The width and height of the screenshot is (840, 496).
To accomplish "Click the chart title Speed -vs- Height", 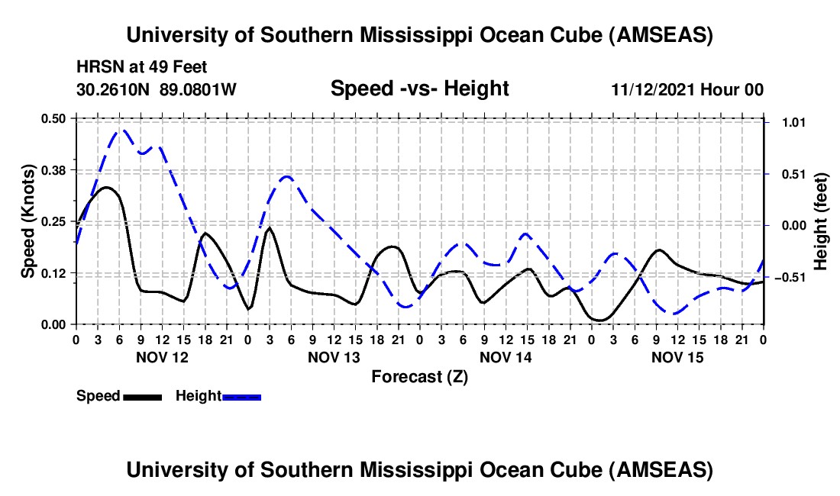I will (419, 89).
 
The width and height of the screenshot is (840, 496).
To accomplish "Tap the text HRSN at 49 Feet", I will (141, 67).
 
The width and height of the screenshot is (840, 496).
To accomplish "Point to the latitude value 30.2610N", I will (115, 89).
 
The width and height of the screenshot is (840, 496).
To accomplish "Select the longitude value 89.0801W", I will (198, 89).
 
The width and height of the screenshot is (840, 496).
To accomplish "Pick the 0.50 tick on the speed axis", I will (54, 118).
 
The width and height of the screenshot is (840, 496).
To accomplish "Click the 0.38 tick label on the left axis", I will (54, 169).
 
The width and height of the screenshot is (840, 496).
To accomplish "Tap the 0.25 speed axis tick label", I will (54, 221).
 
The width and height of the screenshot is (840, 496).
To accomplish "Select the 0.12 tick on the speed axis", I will (54, 273).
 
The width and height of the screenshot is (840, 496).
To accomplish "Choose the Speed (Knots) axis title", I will (27, 221).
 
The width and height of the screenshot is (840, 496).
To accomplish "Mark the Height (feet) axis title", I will (821, 221).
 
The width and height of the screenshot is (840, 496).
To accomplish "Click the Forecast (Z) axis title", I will (419, 376).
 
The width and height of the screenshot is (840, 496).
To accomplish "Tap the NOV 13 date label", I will (334, 357).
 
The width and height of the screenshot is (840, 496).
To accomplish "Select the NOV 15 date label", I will (677, 357).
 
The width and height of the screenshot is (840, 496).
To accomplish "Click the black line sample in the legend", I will (142, 396).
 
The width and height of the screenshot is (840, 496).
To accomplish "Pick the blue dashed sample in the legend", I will (241, 396).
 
